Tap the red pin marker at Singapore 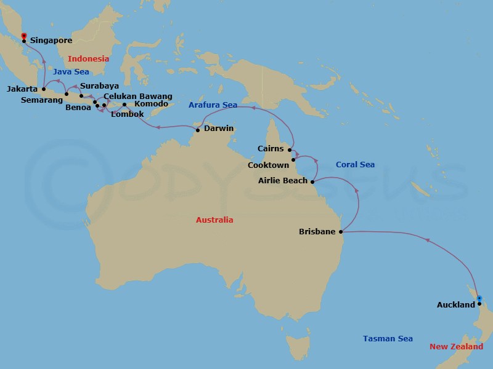pos(23,36)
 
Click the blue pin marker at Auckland pos(479,299)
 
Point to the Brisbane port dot pos(341,232)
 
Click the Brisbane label pos(317,232)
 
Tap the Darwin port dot pos(198,130)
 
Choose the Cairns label pos(271,149)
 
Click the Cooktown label pos(267,165)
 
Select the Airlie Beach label pos(282,181)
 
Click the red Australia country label pos(214,220)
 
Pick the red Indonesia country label pos(88,59)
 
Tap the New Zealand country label pos(457,347)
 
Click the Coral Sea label pos(355,165)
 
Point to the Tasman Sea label pos(388,339)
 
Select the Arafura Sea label pos(213,105)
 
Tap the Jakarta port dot pos(43,89)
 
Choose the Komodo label pos(151,104)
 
